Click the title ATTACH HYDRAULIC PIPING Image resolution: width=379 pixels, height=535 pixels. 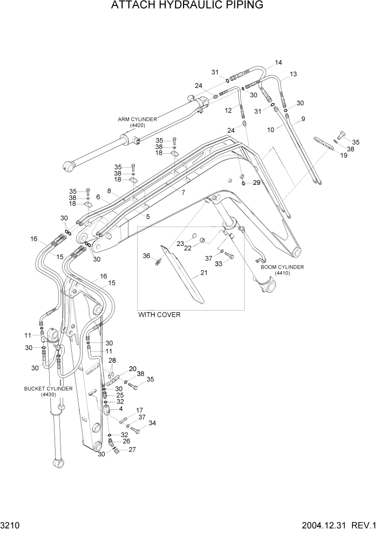tap(187, 6)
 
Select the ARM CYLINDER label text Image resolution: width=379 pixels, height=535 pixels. tap(138, 119)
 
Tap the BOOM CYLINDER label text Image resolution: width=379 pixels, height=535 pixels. tap(282, 267)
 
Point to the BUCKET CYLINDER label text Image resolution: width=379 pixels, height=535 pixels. tap(48, 388)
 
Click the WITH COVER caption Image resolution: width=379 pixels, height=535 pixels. tap(159, 314)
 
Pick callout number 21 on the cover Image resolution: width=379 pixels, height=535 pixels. tap(204, 273)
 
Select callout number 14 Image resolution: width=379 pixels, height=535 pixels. tap(278, 63)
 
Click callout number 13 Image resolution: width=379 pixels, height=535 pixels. tap(293, 74)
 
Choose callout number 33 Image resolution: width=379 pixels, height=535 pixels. tap(218, 264)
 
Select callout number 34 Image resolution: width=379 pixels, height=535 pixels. tap(152, 423)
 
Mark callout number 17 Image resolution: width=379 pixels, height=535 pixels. tap(139, 410)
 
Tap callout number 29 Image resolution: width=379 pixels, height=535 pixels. tap(256, 183)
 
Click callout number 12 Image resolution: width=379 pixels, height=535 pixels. tap(228, 110)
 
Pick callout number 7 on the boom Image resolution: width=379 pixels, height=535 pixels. tap(183, 192)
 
